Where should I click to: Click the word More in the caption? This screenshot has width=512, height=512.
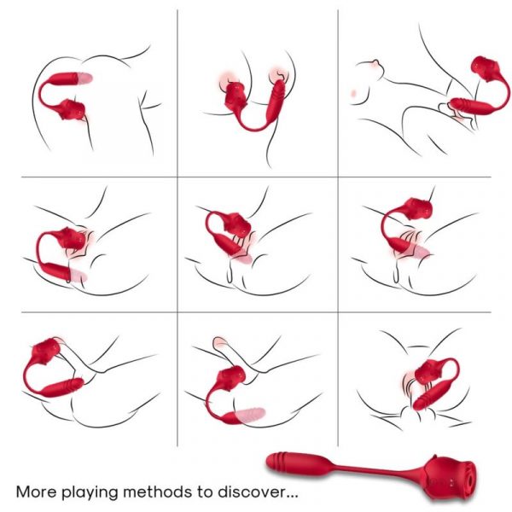38,492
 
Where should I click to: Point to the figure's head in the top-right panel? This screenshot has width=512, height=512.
369,73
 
